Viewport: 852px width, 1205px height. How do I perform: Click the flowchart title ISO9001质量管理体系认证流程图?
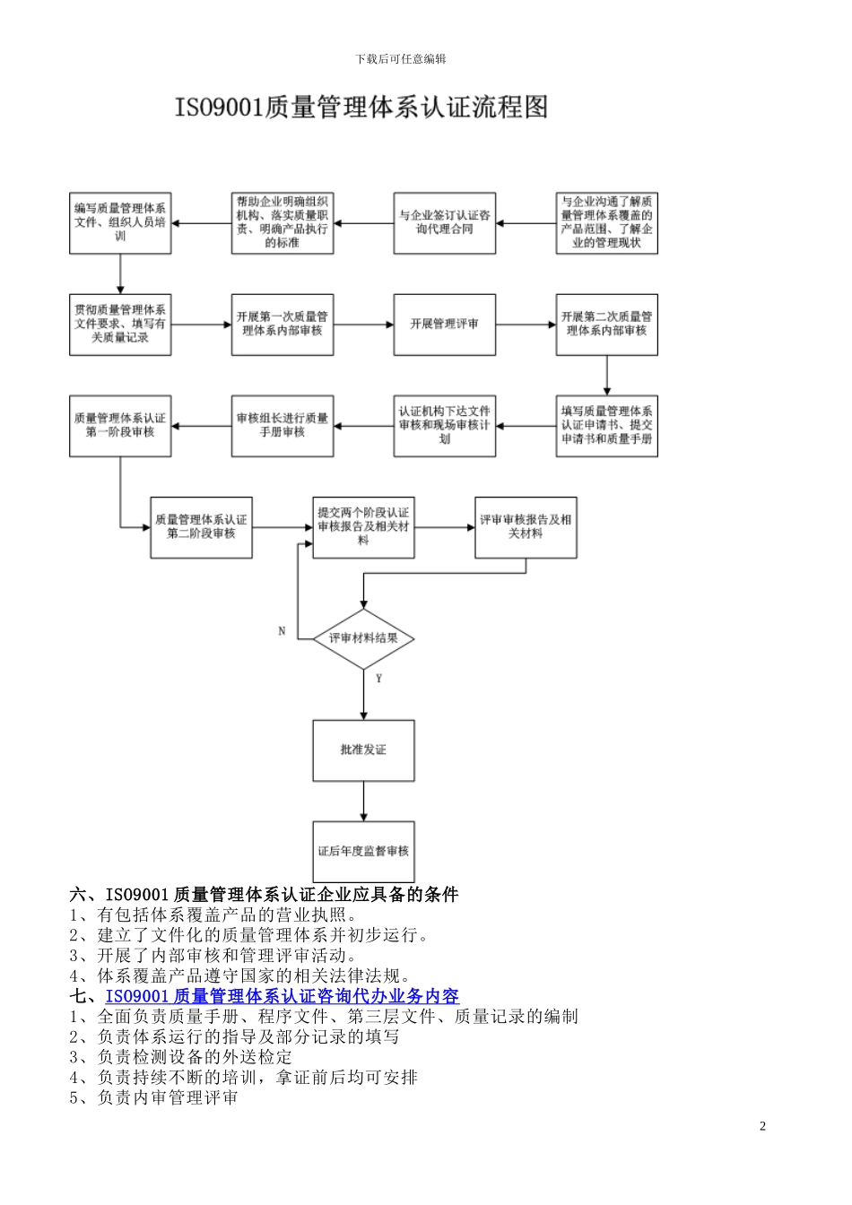361,108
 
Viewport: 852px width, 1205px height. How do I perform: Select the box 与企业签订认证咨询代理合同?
444,222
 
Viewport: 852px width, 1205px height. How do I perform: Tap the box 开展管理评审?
444,324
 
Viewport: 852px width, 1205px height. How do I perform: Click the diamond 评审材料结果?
363,638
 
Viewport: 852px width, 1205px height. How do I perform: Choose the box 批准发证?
363,750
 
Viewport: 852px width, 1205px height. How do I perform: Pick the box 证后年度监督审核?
363,851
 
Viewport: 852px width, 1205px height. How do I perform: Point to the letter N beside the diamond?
282,631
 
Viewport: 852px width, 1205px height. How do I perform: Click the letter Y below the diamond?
379,679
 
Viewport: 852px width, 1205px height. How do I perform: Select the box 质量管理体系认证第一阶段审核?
120,425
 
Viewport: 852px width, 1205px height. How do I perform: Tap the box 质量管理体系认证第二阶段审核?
201,527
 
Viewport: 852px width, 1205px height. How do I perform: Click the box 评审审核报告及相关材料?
526,527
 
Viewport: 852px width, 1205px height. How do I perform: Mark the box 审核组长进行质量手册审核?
283,425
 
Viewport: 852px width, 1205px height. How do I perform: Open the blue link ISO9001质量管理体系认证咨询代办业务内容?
282,996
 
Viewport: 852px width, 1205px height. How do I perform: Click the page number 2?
763,1126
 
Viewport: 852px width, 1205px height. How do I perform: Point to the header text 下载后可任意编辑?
400,59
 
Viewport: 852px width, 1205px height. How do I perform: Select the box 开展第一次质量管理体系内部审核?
283,324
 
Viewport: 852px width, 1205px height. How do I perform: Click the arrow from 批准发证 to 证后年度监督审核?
363,800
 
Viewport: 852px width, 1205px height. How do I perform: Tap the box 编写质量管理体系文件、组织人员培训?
120,222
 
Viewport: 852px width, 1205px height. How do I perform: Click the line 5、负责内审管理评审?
153,1097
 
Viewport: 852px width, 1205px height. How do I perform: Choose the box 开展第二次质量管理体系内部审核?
606,324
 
